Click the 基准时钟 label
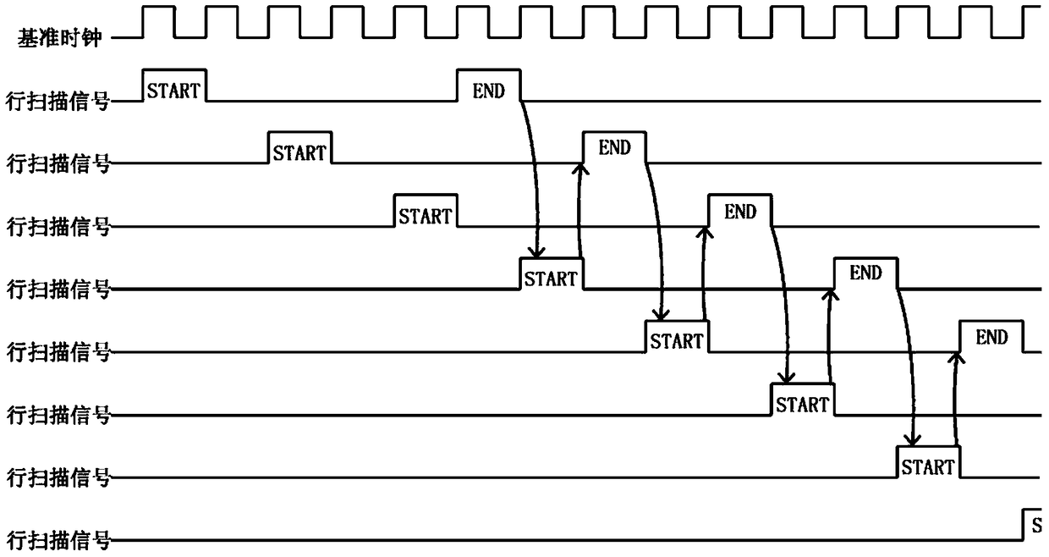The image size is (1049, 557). [x=59, y=37]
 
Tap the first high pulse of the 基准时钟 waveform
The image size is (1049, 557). [x=158, y=21]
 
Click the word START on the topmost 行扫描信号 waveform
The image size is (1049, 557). [x=173, y=91]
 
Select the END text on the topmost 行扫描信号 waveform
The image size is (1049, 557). [x=488, y=91]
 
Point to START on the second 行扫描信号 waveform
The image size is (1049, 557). [x=299, y=153]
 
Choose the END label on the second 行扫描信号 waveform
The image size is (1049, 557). [x=614, y=148]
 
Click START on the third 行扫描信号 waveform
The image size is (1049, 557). [x=426, y=217]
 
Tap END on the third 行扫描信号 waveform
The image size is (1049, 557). [x=740, y=212]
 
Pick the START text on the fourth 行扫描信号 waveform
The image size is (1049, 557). [x=551, y=279]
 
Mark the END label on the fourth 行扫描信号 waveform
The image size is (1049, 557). [x=866, y=273]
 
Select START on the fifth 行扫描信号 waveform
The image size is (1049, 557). [x=677, y=341]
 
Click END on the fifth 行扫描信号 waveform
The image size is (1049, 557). [x=991, y=337]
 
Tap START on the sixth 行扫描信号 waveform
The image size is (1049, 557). [x=803, y=405]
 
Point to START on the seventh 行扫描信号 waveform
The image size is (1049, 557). [x=928, y=467]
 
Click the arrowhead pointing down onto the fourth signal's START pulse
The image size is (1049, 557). [x=536, y=253]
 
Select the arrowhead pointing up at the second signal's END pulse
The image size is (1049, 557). [x=580, y=168]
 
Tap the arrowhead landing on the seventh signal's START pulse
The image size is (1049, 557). [x=913, y=441]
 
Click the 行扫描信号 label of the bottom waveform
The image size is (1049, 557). [x=58, y=540]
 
